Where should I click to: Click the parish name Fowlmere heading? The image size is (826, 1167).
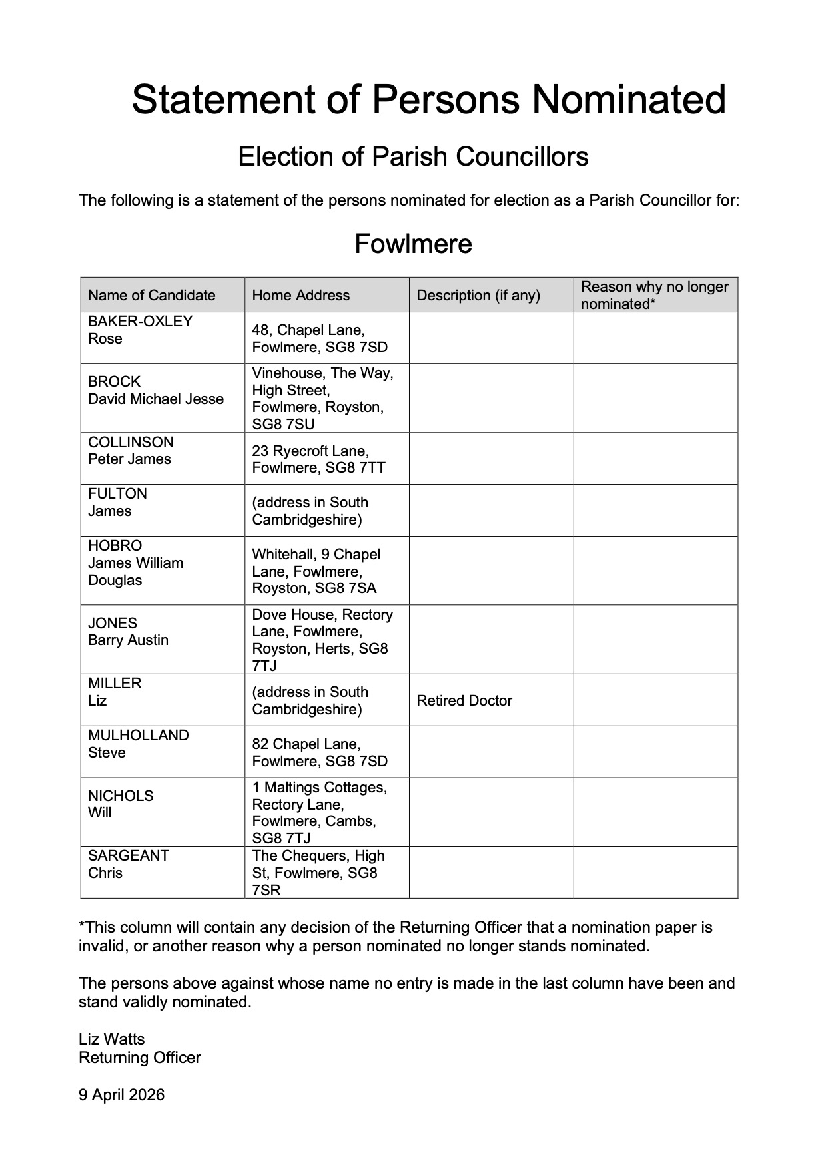[413, 244]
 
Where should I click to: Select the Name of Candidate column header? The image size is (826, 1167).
[152, 295]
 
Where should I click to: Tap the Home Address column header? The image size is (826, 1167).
[301, 295]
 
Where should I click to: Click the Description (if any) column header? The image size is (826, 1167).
[478, 295]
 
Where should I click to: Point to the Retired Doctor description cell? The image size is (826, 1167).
[464, 700]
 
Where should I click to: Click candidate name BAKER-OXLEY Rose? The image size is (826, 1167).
[140, 330]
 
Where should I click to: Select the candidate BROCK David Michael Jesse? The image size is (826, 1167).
[156, 390]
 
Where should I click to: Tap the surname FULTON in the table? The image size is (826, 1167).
[117, 494]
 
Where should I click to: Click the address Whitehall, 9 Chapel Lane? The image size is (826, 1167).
[316, 571]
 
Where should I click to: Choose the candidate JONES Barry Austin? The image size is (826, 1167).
[128, 632]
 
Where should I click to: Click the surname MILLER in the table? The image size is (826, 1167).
[115, 684]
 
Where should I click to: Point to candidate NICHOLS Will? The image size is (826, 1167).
[121, 804]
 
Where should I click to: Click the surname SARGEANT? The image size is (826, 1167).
[129, 855]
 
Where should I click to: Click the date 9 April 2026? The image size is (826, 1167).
[121, 1095]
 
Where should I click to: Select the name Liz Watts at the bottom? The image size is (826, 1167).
[111, 1039]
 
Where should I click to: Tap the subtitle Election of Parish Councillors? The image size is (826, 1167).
[413, 157]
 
